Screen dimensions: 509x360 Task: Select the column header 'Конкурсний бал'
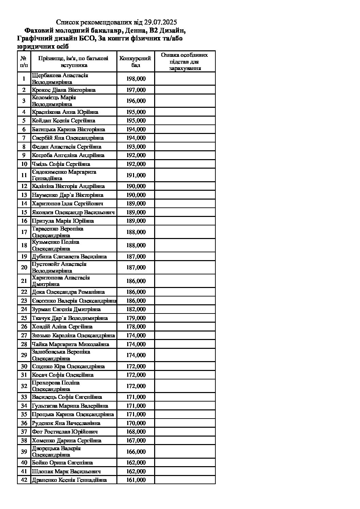(135, 62)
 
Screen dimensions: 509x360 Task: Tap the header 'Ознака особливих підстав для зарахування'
(184, 62)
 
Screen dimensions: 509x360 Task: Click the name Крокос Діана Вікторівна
(64, 90)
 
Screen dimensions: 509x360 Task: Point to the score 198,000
(136, 79)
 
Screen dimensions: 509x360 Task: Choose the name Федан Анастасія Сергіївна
(66, 147)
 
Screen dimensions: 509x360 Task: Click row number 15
(24, 212)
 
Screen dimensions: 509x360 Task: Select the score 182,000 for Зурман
(136, 309)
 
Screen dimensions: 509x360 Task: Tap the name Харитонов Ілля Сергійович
(67, 203)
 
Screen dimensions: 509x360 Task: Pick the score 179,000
(136, 318)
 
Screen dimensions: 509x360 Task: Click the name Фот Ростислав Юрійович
(65, 431)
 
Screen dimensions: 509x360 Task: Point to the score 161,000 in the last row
(136, 480)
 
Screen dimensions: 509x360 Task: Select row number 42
(24, 480)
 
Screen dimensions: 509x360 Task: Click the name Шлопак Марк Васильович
(66, 471)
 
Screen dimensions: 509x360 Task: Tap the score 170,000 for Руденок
(136, 423)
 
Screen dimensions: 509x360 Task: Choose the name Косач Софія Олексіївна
(63, 375)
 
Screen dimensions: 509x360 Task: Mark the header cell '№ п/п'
(24, 62)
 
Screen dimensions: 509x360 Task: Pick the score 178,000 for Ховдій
(136, 326)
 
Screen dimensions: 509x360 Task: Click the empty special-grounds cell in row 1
(185, 79)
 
